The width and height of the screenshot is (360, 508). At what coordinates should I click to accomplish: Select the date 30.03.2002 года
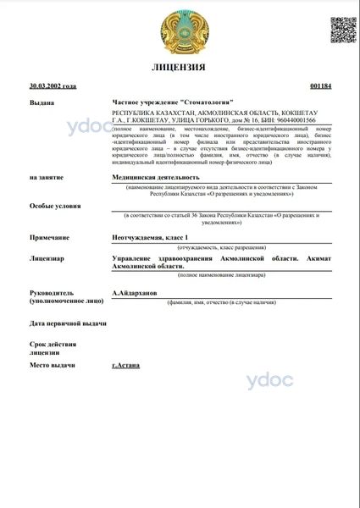point(53,86)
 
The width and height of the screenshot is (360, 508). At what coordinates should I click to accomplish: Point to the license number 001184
point(321,86)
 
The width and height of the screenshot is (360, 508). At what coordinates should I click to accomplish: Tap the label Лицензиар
point(47,257)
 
